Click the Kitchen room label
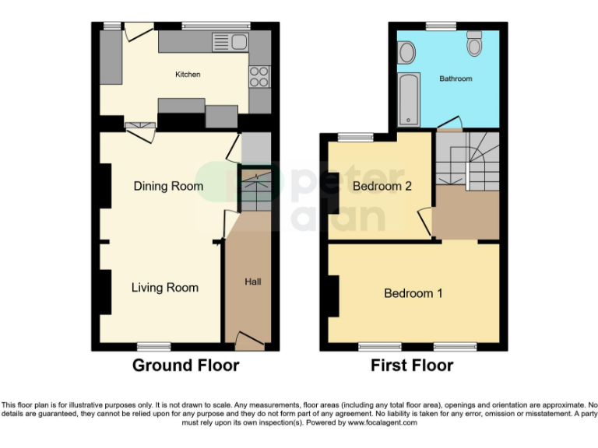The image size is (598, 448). [x=187, y=75]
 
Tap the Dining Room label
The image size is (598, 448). [x=168, y=186]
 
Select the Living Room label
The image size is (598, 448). [x=164, y=288]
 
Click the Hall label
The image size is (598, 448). [x=253, y=282]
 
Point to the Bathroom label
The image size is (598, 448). [x=456, y=79]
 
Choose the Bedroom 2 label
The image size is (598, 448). [x=382, y=186]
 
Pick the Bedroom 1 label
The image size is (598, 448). [x=413, y=293]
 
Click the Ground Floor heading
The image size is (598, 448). [x=185, y=366]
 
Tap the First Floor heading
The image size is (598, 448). [x=411, y=366]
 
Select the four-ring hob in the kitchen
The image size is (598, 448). [x=259, y=76]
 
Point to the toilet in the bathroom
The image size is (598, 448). [x=474, y=44]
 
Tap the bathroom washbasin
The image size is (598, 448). [x=404, y=53]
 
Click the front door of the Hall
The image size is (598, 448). [x=250, y=341]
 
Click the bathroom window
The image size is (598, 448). [x=441, y=26]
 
